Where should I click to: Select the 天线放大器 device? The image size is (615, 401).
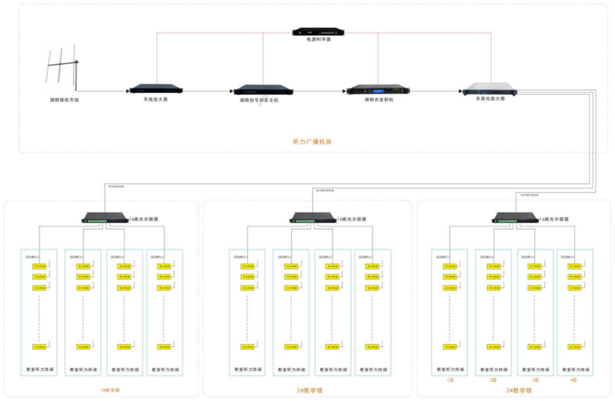[x=156, y=89]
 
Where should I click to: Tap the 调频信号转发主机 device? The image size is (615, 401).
[x=264, y=90]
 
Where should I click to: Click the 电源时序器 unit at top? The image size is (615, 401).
[x=318, y=31]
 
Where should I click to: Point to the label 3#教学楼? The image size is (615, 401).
[x=519, y=391]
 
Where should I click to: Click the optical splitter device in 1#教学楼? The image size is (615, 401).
[x=104, y=218]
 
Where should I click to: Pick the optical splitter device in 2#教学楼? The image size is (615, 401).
[x=312, y=218]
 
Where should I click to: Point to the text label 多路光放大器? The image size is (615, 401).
[x=490, y=99]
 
